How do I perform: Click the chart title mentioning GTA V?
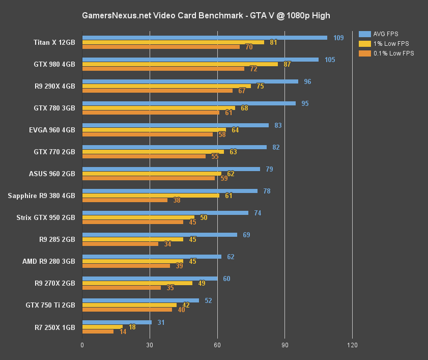206,16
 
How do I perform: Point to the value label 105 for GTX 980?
330,60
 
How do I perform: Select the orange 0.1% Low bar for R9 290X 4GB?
157,91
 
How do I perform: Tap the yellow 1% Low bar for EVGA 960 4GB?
154,130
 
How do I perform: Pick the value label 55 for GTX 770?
215,156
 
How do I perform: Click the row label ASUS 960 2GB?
52,174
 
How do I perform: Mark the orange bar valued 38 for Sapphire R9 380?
125,200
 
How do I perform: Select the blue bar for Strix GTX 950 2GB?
165,213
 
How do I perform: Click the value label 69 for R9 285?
246,235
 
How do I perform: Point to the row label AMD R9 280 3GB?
48,261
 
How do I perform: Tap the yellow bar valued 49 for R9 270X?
137,283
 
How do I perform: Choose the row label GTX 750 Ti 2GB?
50,305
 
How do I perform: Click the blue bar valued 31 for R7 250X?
117,322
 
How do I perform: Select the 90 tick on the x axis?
284,345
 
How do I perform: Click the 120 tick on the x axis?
352,345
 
